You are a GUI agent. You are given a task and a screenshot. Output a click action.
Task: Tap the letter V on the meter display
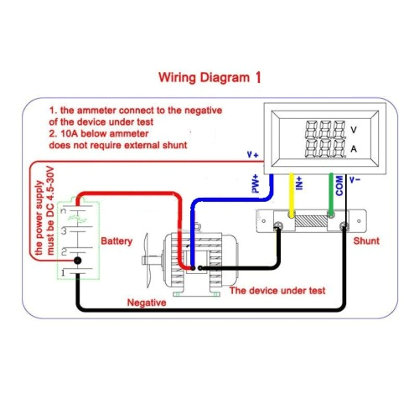pyautogui.click(x=354, y=130)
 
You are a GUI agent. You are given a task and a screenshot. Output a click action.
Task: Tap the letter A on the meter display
pyautogui.click(x=354, y=148)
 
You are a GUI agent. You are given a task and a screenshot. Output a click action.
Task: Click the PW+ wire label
pyautogui.click(x=256, y=184)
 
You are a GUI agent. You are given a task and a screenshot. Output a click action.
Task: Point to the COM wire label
pyautogui.click(x=339, y=185)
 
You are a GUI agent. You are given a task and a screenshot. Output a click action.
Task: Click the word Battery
pyautogui.click(x=116, y=241)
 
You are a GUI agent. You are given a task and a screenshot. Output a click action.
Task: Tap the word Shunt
pyautogui.click(x=366, y=241)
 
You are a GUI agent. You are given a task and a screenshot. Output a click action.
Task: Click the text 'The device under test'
pyautogui.click(x=277, y=290)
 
